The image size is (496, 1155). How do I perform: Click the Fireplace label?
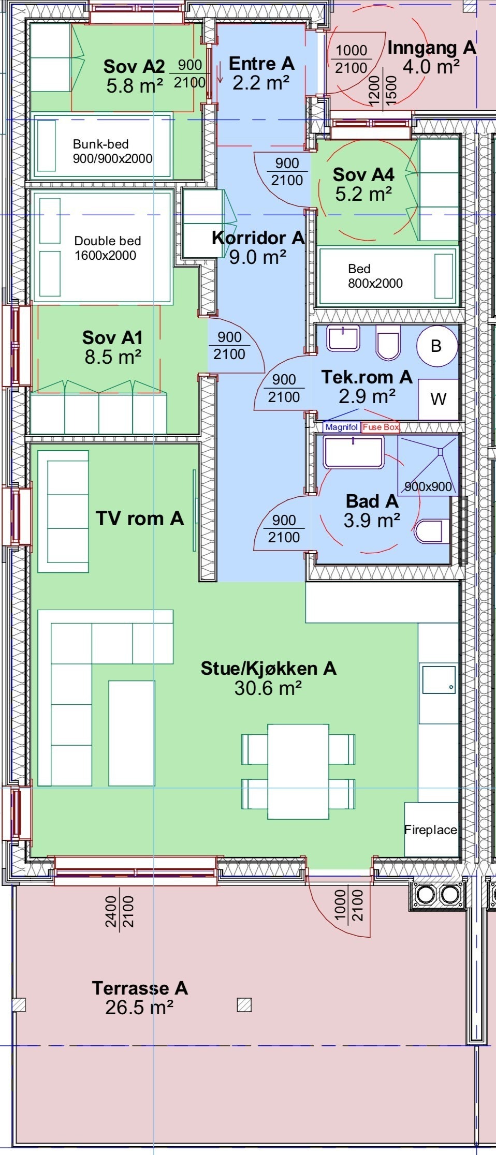tap(430, 830)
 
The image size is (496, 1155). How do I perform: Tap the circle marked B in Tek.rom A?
tap(436, 346)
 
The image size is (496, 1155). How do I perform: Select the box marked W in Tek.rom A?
tap(438, 399)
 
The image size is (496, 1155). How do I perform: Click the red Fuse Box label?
tap(381, 427)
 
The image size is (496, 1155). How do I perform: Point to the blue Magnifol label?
tap(341, 427)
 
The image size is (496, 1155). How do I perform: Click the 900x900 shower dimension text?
tap(428, 486)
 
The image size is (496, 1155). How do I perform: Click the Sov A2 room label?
tap(134, 66)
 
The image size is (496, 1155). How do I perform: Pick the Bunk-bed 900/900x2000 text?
tap(112, 151)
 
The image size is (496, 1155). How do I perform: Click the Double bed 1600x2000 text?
tap(107, 247)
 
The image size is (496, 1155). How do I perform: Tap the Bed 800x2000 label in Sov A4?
tap(375, 276)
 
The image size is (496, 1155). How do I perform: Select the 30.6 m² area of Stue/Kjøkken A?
tap(268, 688)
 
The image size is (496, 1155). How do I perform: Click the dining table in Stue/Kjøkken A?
tap(298, 771)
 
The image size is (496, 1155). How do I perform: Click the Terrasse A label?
tap(140, 988)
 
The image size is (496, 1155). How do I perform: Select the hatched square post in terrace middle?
tap(244, 1005)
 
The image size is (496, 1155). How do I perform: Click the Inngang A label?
tap(431, 48)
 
